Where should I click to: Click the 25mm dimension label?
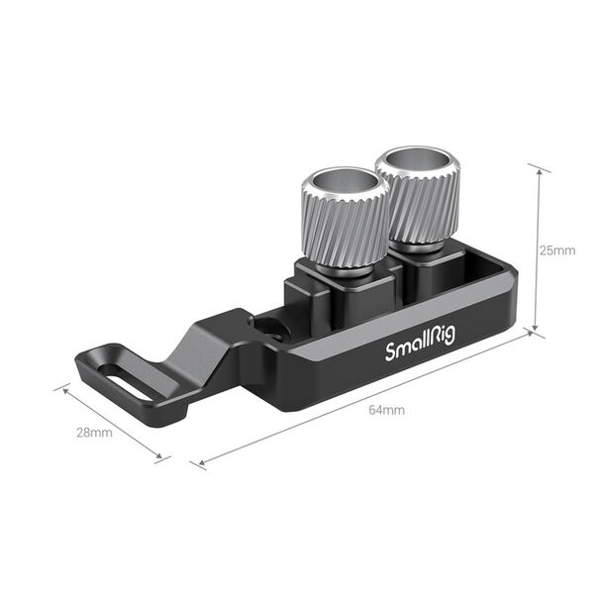coord(557,250)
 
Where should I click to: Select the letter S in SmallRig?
coord(388,352)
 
